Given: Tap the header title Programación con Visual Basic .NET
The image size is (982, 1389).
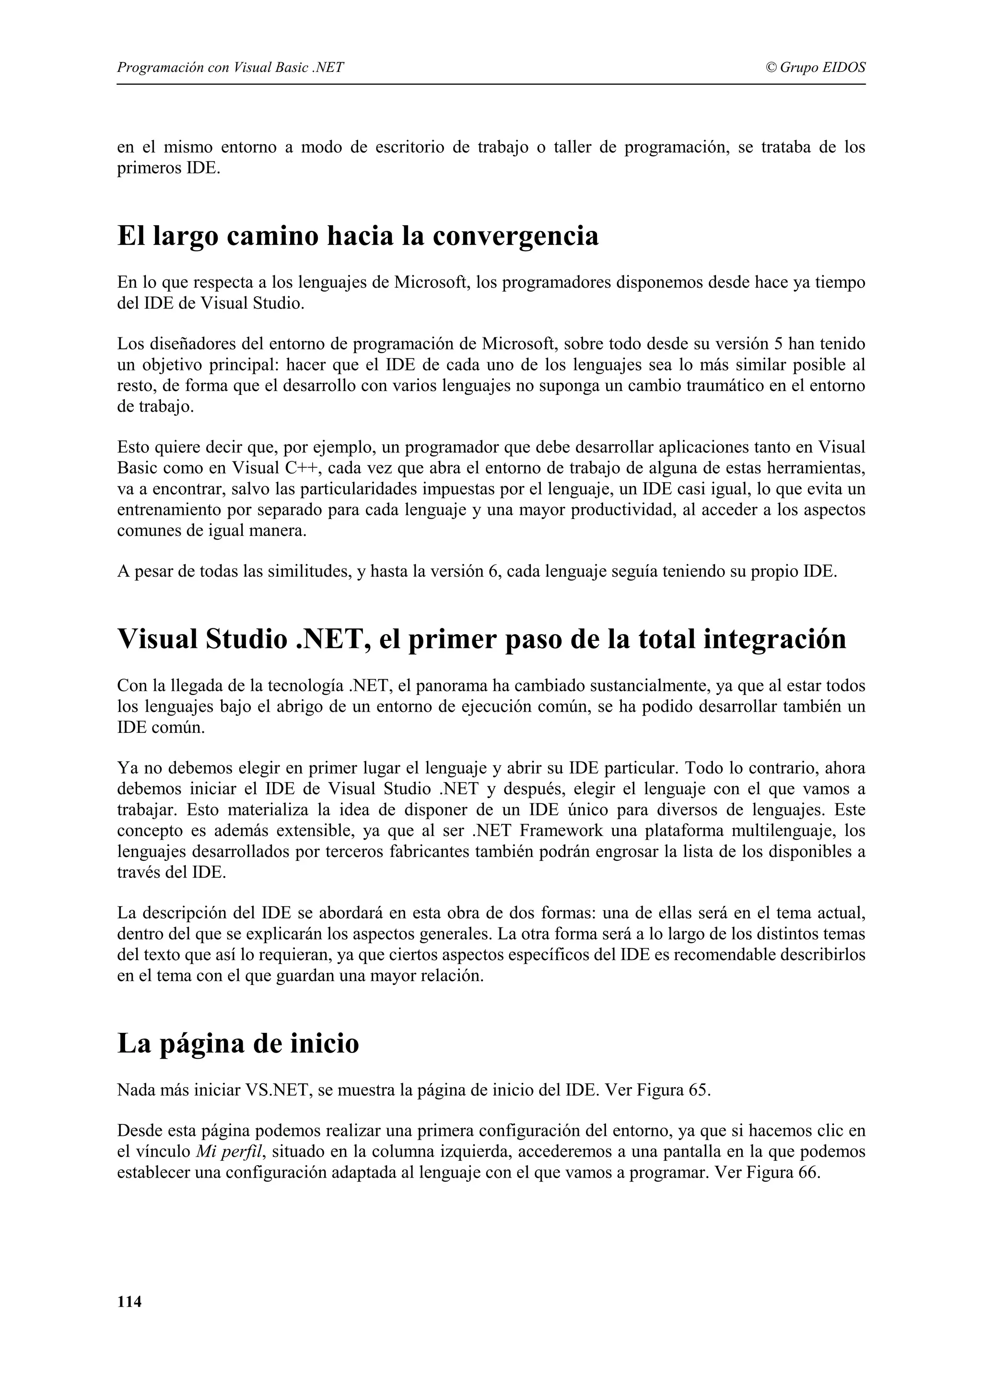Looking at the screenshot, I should click(230, 68).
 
